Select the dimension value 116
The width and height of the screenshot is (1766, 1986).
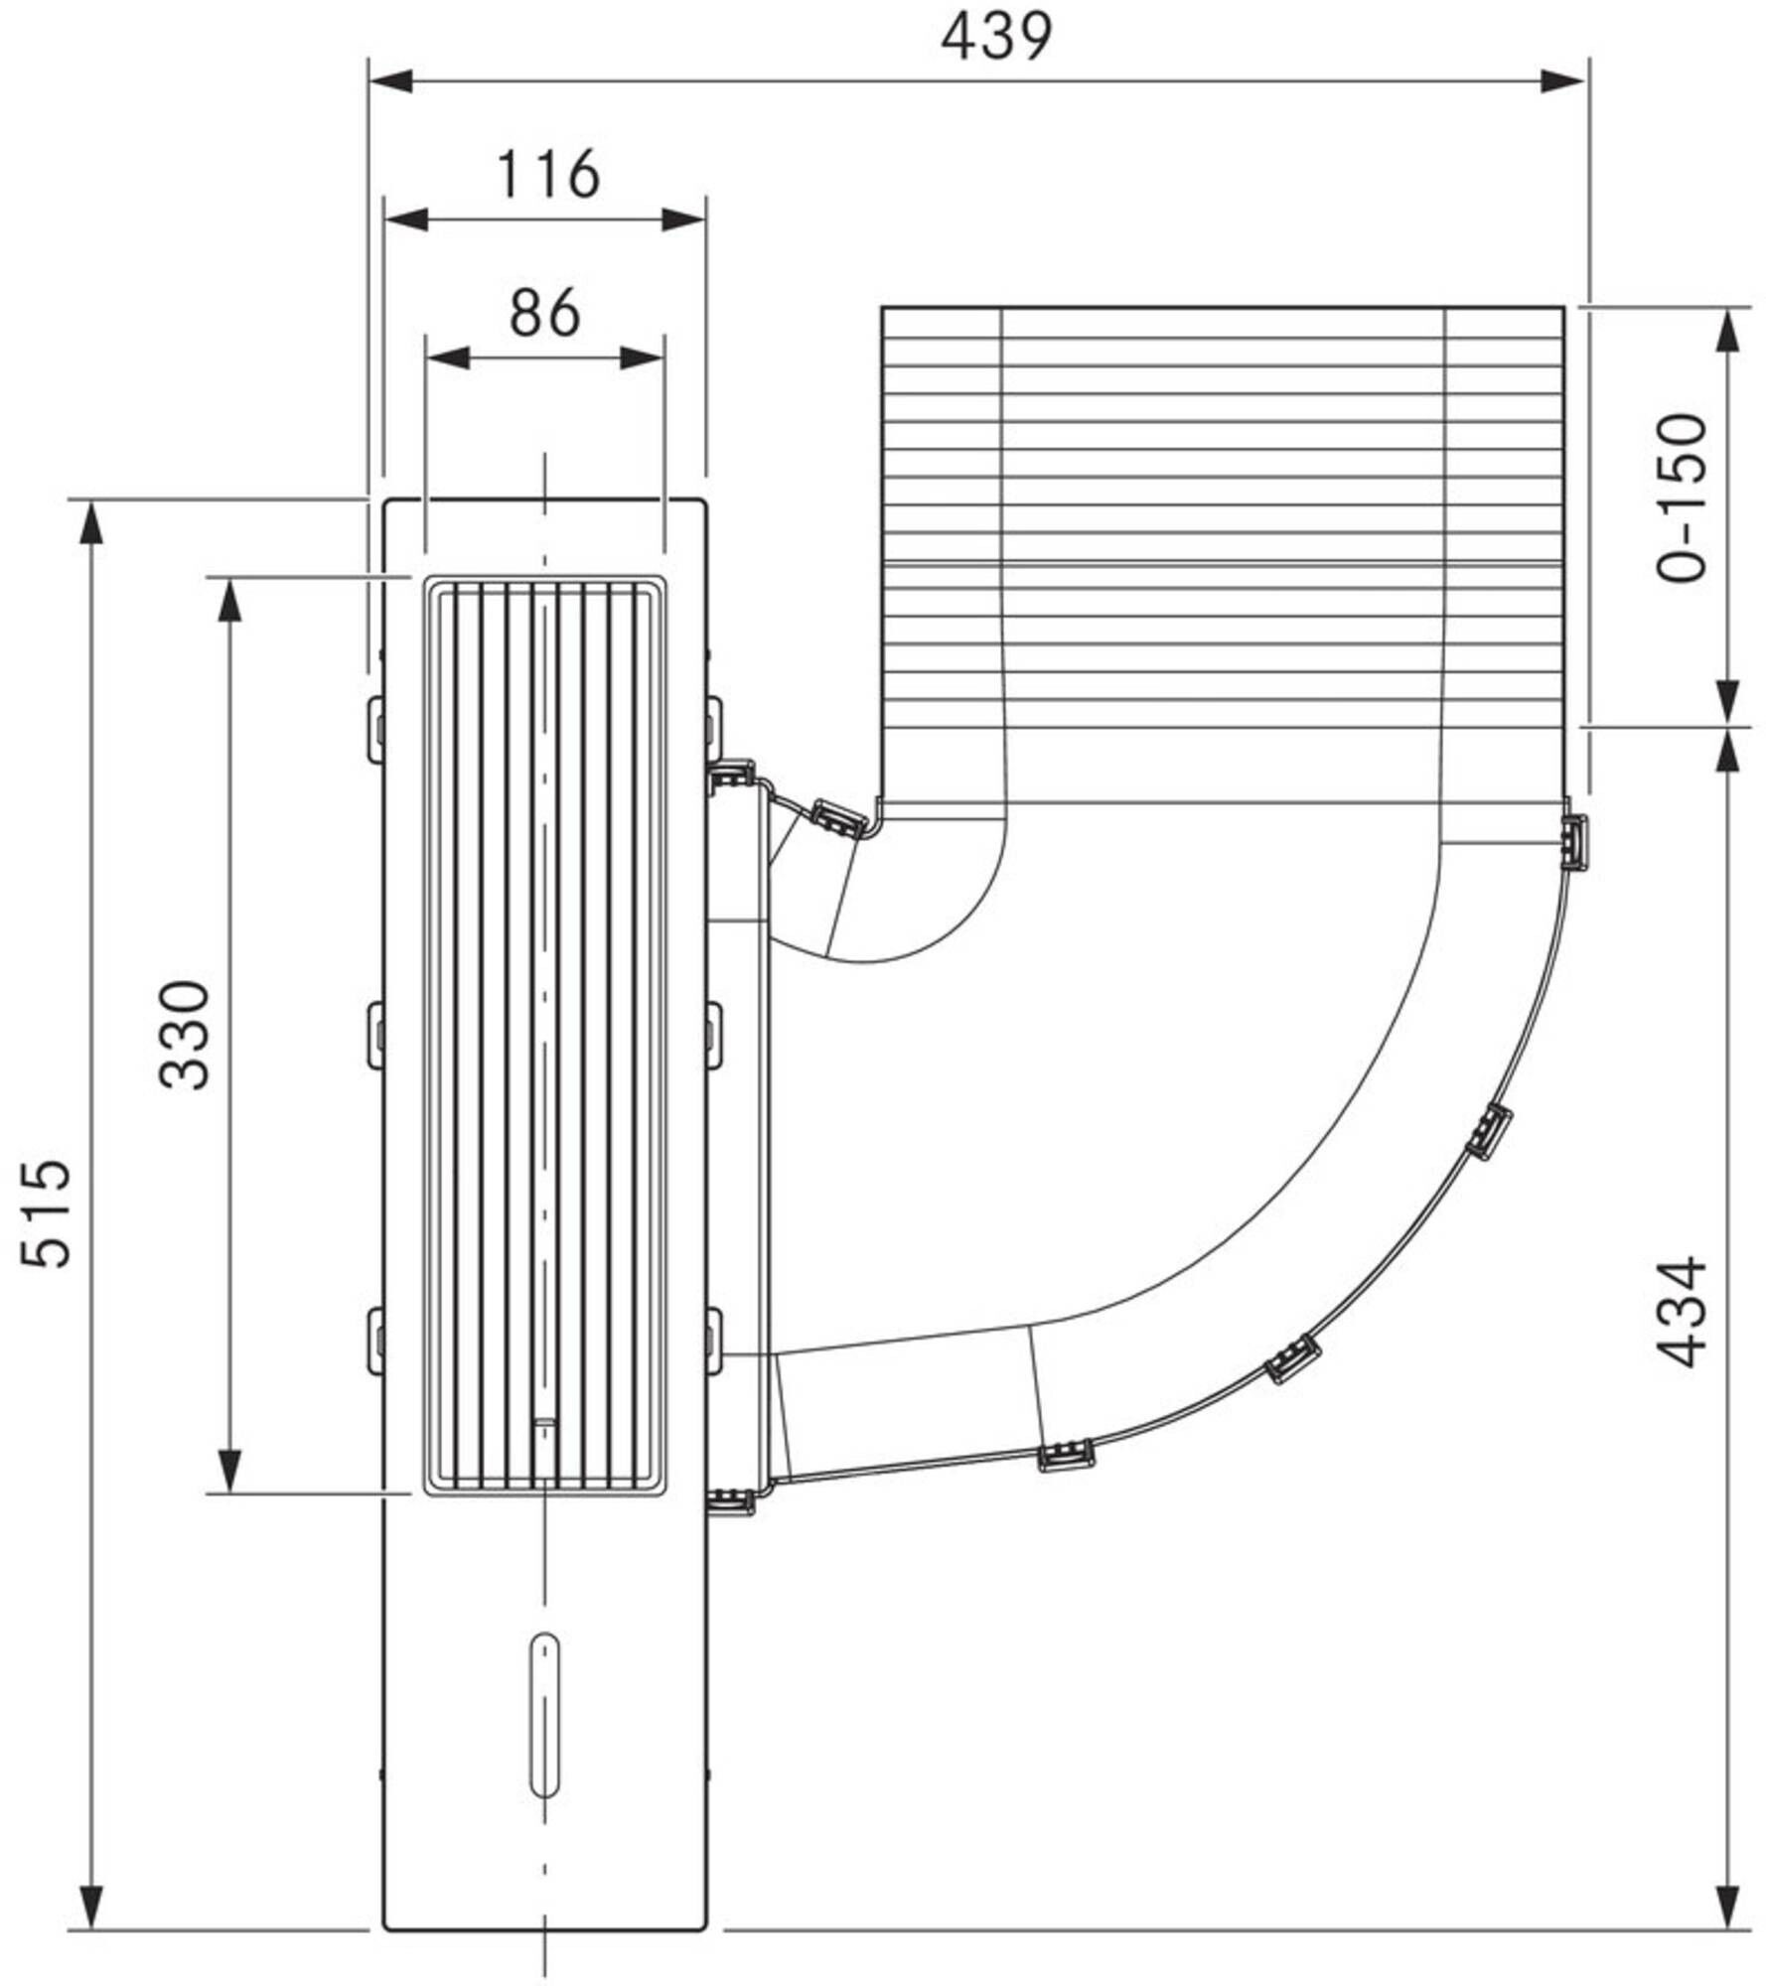(x=547, y=175)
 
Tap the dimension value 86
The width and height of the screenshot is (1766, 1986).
(x=544, y=313)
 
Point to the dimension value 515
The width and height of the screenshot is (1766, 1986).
(x=47, y=1212)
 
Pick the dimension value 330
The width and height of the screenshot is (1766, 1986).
(x=185, y=1035)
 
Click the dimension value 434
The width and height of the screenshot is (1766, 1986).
(x=1683, y=1313)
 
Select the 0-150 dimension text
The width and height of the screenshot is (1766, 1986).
(x=1683, y=497)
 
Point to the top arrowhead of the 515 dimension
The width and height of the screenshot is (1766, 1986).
(x=91, y=522)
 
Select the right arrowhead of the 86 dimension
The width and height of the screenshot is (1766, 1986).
(x=643, y=357)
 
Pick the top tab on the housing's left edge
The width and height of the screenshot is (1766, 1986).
(x=376, y=730)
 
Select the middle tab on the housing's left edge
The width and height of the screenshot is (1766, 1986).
(x=376, y=1036)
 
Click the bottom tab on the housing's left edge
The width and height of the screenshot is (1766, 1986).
(x=376, y=1342)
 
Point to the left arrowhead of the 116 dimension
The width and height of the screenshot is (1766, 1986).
(x=406, y=219)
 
